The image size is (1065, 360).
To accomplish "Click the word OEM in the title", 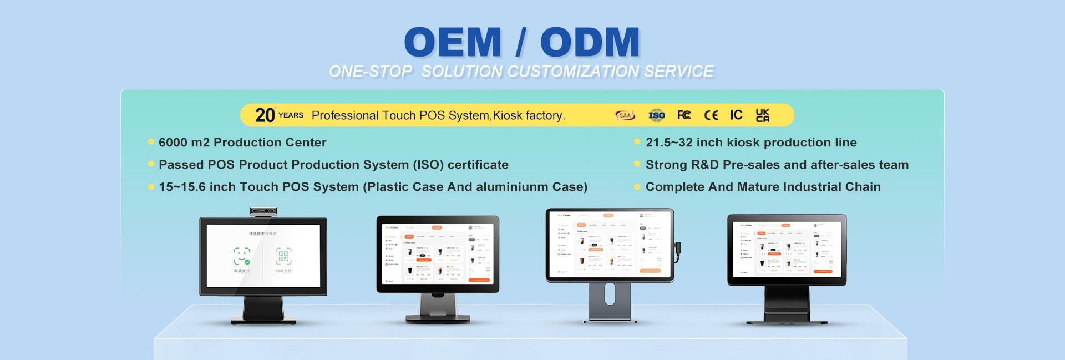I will [453, 43].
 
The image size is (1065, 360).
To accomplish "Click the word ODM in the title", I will [590, 43].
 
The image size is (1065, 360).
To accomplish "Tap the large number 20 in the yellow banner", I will [265, 115].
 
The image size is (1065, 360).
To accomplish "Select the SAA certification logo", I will [625, 115].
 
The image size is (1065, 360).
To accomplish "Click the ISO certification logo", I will [657, 115].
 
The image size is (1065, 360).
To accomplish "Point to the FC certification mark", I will [684, 115].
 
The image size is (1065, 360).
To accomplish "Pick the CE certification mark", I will [711, 115].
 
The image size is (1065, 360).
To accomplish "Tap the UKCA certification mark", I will [763, 115].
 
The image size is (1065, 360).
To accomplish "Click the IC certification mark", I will [736, 115].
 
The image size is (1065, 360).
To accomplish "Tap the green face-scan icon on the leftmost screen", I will [241, 256].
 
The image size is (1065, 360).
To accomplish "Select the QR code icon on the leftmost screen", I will [283, 256].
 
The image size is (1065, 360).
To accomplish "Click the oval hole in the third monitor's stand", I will [610, 294].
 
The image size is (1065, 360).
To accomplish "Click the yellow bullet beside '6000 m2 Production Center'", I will [151, 142].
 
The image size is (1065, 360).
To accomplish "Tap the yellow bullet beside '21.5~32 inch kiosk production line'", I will [637, 142].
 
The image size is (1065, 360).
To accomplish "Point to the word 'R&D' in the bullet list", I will [704, 165].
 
